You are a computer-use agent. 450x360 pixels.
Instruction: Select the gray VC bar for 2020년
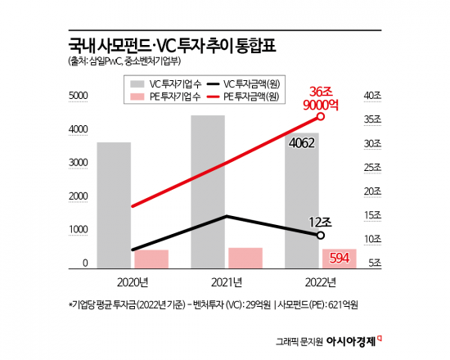coord(114,205)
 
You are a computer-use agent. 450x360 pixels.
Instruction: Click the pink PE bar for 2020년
coord(151,259)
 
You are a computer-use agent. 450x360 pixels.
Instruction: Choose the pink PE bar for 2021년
coord(245,258)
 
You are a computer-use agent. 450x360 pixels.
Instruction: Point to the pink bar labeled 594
coord(338,259)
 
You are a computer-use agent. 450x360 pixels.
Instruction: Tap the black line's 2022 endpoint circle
coord(321,236)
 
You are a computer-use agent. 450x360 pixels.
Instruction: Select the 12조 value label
coord(321,222)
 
